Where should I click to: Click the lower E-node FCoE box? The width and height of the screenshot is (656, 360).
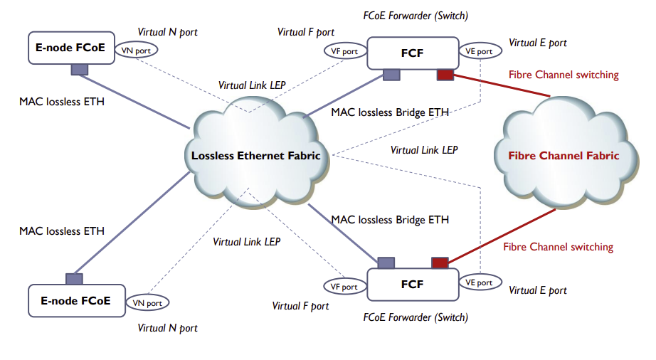tap(75, 301)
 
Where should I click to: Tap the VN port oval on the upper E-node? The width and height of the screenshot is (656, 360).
tap(137, 51)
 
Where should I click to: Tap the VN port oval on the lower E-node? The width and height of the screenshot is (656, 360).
tap(148, 303)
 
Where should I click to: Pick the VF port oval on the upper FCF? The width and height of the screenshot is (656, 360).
tap(344, 51)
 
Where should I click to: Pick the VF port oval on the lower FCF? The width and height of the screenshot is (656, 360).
tap(344, 287)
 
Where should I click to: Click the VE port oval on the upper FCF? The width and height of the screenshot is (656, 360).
tap(479, 51)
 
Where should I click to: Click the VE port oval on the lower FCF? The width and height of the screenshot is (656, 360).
tap(479, 282)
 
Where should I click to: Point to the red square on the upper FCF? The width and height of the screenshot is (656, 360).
tap(445, 75)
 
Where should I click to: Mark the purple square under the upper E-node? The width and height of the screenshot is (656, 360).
tap(80, 69)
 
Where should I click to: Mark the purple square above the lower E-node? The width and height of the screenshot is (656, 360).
tap(74, 279)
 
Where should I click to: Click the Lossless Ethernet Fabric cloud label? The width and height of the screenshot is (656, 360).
tap(256, 156)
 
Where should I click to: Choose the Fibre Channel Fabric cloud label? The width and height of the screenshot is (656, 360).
tap(564, 156)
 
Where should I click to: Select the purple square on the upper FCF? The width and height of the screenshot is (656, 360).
tap(391, 75)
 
